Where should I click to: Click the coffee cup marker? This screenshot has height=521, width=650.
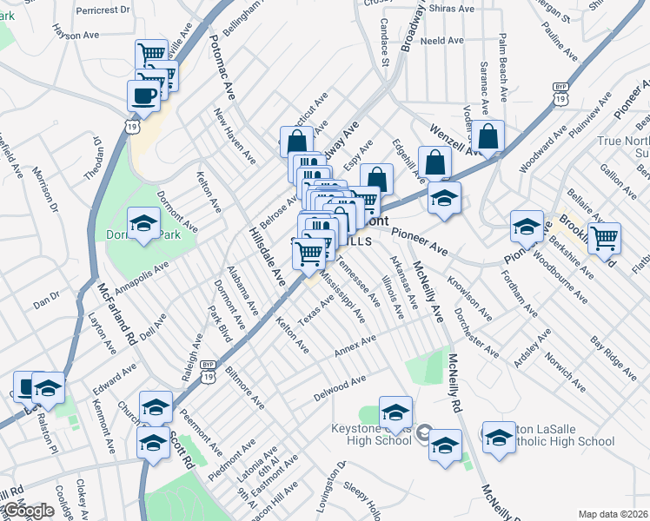point(143,96)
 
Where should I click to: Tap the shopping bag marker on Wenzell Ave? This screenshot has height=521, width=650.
point(489,137)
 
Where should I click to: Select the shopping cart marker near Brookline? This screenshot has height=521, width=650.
point(604,238)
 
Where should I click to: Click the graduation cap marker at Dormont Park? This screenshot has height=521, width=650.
point(143,224)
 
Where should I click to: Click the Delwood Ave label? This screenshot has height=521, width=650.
point(340,390)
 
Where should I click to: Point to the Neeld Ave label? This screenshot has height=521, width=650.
point(440,41)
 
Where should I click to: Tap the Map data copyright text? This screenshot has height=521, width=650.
point(614,514)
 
